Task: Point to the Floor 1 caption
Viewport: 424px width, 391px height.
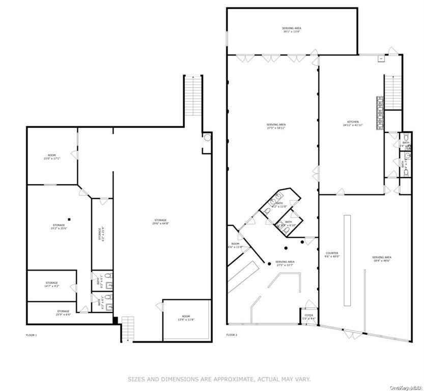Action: [31, 335]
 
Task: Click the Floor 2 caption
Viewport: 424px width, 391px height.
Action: [232, 335]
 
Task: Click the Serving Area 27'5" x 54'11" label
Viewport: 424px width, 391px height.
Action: [276, 126]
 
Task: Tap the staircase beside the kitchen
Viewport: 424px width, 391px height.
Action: [392, 92]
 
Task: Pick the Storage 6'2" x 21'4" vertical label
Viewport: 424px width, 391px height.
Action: [100, 234]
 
